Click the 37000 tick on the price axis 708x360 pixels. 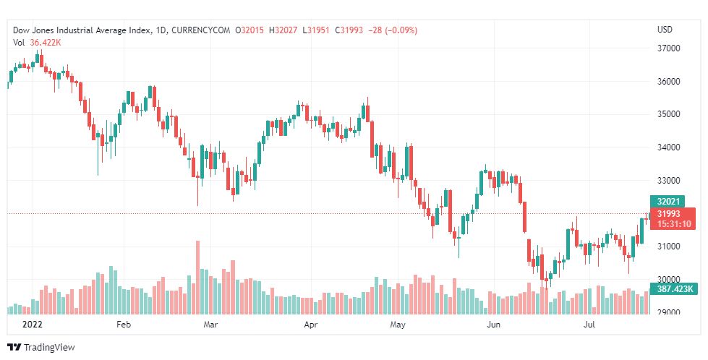tap(669, 48)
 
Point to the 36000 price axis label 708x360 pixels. tap(669, 82)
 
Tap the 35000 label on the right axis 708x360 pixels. tap(669, 114)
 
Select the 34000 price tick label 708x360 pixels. tap(669, 147)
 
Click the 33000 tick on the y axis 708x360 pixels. tap(669, 181)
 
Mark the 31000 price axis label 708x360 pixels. tap(669, 247)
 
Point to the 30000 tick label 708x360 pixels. tap(669, 280)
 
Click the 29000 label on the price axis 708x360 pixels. tap(669, 312)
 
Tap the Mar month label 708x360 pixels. tap(210, 325)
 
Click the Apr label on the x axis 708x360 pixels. tap(311, 325)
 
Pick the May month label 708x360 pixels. tap(397, 325)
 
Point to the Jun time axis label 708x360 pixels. tap(495, 325)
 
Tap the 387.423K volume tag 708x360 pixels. tap(673, 289)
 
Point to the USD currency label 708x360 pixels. tap(665, 30)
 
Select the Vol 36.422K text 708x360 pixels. tap(37, 42)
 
